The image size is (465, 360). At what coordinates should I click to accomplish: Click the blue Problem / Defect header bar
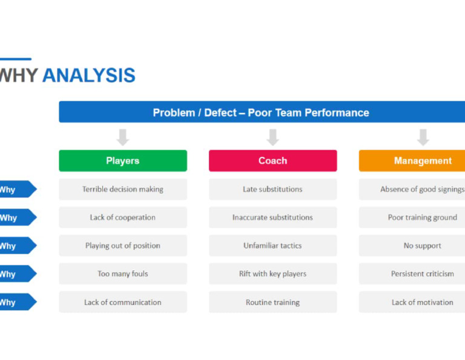pos(262,112)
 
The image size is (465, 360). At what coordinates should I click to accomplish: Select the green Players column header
pos(123,161)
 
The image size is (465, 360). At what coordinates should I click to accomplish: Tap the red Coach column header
pos(272,161)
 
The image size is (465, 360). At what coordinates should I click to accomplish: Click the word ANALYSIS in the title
pos(88,76)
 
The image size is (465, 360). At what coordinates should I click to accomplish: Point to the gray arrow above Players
pos(123,137)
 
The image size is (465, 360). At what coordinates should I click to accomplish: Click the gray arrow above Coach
pos(272,137)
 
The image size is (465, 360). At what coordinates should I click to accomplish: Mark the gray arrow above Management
pos(423,137)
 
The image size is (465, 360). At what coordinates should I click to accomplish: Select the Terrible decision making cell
pos(123,189)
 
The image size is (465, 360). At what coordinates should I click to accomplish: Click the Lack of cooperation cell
pos(123,218)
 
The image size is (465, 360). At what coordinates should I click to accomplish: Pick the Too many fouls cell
pos(123,274)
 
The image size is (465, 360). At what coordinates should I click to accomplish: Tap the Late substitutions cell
pos(272,189)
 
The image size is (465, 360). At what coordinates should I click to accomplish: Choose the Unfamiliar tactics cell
pos(272,245)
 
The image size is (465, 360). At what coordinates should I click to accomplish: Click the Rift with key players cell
pos(272,274)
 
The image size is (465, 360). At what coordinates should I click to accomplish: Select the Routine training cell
pos(272,302)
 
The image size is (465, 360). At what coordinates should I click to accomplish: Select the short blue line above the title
pos(15,59)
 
